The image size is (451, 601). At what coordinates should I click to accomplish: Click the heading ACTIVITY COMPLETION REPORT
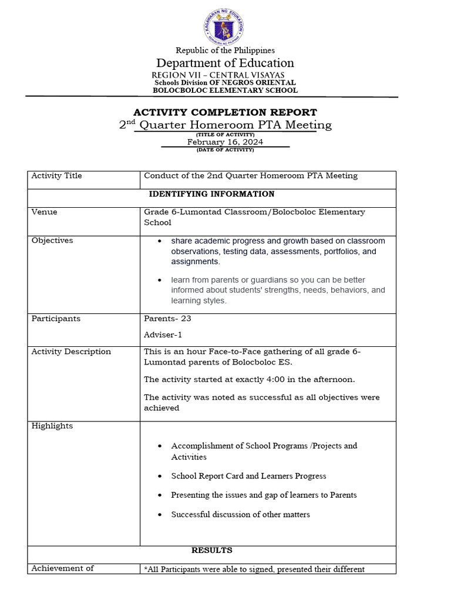click(225, 112)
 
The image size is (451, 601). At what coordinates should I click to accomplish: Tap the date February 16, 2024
click(225, 142)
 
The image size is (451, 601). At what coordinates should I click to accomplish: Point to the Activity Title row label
click(56, 176)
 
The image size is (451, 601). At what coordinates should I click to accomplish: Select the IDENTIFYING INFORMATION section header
click(211, 194)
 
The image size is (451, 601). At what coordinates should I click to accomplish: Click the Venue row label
click(44, 212)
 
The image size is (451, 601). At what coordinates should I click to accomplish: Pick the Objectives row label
click(52, 241)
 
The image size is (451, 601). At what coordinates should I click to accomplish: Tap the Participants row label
click(56, 319)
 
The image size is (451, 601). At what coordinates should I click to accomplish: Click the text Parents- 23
click(167, 319)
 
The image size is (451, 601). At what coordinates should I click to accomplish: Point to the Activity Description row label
click(71, 352)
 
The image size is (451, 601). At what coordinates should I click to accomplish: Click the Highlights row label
click(52, 426)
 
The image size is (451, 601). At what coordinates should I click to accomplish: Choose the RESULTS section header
click(211, 551)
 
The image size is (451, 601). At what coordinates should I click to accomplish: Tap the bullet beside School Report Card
click(160, 477)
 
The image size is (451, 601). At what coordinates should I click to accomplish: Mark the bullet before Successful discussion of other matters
click(160, 515)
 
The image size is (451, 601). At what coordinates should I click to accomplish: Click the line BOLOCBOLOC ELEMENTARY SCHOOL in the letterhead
click(225, 90)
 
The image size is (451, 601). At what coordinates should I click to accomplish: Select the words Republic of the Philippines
click(225, 50)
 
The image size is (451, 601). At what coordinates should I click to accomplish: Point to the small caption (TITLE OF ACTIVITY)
click(225, 134)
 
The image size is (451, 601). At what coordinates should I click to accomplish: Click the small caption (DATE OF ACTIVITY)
click(225, 150)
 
